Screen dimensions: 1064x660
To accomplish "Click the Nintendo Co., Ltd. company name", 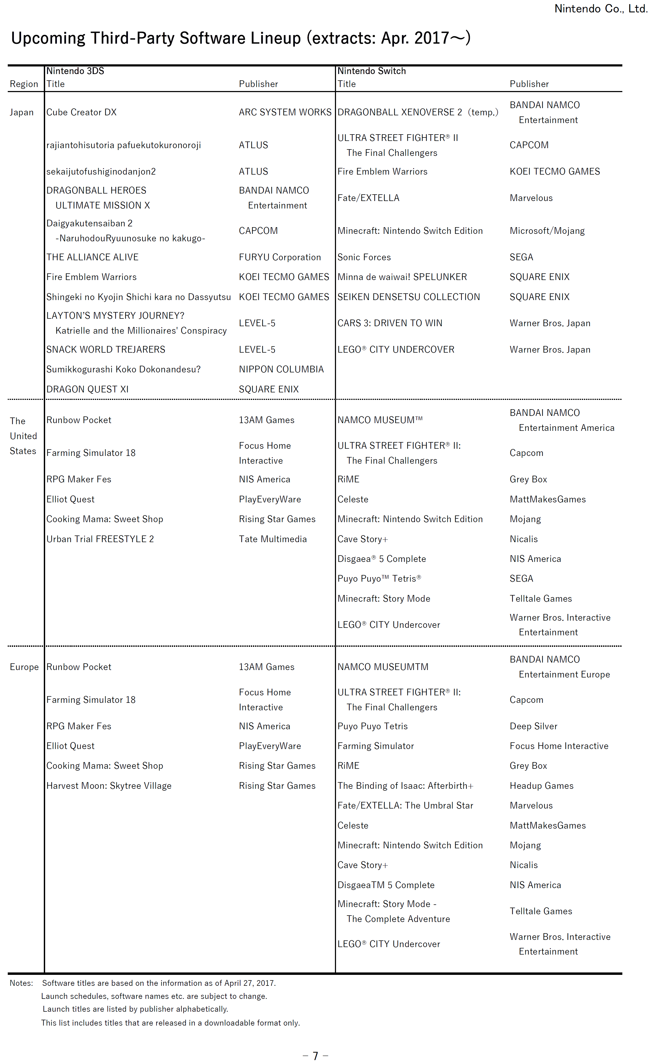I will pos(601,9).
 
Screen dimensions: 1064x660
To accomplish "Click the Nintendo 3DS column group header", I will pos(75,71).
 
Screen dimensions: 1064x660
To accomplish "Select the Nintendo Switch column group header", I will pos(372,71).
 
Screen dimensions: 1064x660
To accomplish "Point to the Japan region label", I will pos(21,113).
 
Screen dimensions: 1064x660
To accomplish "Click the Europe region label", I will pos(24,667).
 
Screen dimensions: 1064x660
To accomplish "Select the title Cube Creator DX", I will pos(81,113).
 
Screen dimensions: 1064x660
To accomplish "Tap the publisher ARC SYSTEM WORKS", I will pos(285,113).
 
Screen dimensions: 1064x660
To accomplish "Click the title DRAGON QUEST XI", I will pos(87,389).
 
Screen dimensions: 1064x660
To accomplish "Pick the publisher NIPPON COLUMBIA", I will pos(281,369).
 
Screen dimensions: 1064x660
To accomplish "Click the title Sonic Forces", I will pos(364,257).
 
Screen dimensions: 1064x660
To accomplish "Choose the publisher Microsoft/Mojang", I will pos(547,231).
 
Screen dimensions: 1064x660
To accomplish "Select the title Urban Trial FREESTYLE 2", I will pos(100,539).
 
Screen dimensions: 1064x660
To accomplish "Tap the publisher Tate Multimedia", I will pos(273,539).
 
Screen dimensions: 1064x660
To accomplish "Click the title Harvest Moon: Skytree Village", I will pos(109,786).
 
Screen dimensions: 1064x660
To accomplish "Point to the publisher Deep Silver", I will pos(533,726).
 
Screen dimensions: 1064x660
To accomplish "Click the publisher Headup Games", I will pos(541,786).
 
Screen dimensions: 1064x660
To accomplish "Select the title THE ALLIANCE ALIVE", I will pos(92,257).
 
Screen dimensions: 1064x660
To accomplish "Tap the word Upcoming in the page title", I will pos(48,38).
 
